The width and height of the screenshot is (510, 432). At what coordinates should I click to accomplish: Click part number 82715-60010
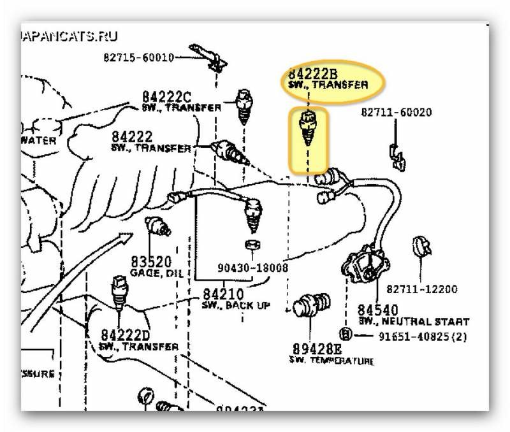(138, 58)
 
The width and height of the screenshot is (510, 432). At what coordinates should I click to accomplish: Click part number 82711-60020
(397, 113)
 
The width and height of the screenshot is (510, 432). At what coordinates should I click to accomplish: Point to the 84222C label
(166, 97)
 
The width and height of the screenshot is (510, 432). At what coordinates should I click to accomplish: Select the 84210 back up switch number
(223, 295)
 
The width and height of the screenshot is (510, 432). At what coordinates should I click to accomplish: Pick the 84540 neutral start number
(374, 310)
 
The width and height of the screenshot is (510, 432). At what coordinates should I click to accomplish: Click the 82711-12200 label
(421, 289)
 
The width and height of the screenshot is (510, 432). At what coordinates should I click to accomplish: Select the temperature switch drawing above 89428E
(315, 306)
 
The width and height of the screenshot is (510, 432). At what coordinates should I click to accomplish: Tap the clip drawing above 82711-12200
(421, 249)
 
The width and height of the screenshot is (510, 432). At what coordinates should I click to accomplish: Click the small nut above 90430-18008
(251, 245)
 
